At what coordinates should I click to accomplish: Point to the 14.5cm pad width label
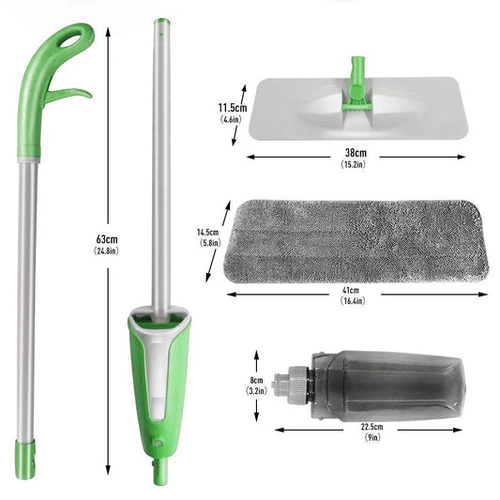pos(207,232)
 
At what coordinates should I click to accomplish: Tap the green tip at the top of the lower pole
pos(161,22)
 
